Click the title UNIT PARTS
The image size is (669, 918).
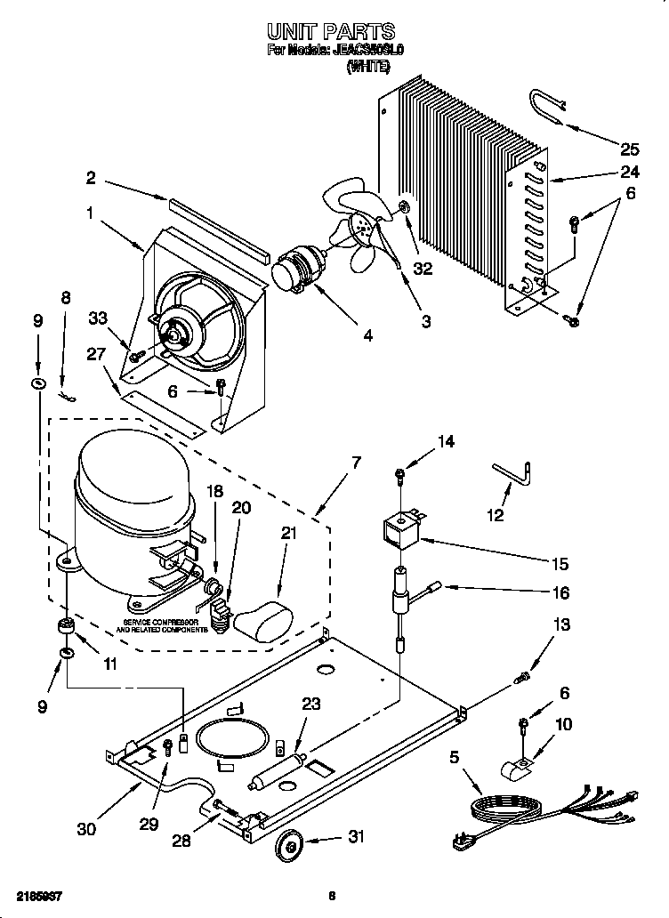pyautogui.click(x=334, y=33)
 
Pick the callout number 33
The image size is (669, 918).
pyautogui.click(x=97, y=318)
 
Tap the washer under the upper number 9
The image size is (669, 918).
pyautogui.click(x=37, y=382)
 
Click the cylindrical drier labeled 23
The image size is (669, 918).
pyautogui.click(x=278, y=770)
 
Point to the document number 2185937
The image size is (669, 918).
pyautogui.click(x=37, y=896)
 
